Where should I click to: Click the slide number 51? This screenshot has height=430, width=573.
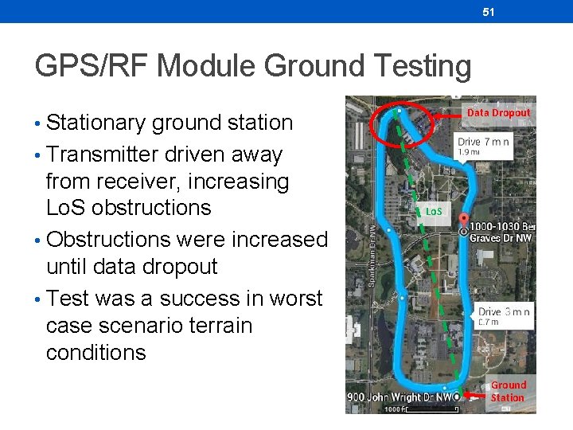point(489,12)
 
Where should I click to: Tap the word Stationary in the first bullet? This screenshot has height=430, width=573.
point(95,123)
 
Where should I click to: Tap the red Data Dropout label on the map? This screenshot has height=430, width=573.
point(498,113)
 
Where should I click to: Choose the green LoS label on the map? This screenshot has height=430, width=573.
point(434,212)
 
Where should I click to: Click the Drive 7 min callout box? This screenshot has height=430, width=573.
point(481,146)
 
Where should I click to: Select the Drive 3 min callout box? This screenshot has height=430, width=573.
point(504,315)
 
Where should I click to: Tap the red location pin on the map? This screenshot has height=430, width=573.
point(464,222)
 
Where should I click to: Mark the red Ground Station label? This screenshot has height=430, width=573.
point(508,391)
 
